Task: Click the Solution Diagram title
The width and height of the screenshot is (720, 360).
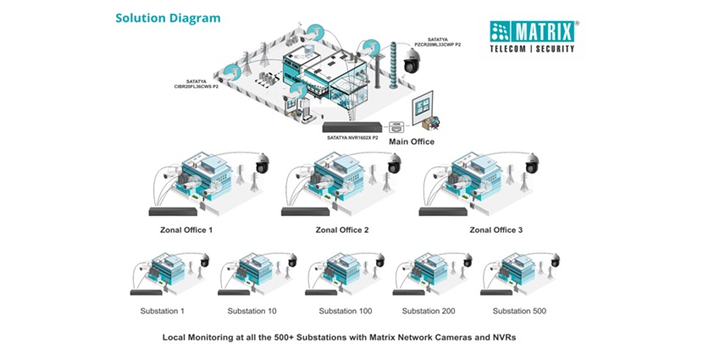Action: (168, 17)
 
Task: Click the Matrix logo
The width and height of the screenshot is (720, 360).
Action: (532, 36)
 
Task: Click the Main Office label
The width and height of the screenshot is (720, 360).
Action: (412, 141)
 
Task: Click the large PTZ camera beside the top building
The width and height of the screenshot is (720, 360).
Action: (412, 60)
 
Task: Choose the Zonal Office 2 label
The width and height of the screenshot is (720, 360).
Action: (342, 230)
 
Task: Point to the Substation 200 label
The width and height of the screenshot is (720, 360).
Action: (428, 311)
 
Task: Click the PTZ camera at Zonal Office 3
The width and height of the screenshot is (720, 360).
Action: (533, 163)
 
